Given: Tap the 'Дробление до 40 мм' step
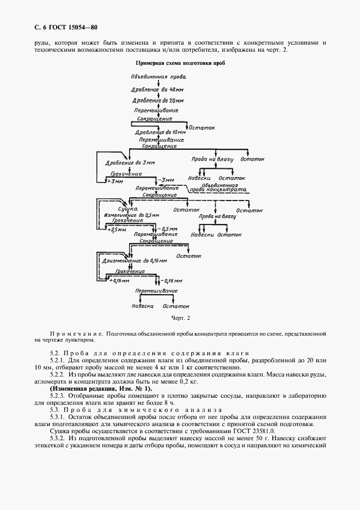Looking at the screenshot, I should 158,89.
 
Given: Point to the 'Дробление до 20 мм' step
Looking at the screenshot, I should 158,101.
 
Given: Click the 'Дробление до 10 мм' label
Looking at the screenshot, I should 160,132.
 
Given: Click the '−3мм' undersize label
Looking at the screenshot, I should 166,180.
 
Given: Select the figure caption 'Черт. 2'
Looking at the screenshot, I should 179,317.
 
